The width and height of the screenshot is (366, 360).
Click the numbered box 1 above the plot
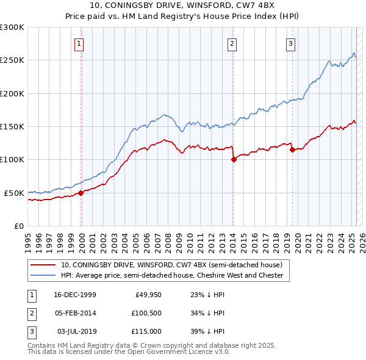[80, 43]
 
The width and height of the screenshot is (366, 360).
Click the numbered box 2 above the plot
[232, 43]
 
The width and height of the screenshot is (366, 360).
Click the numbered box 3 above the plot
[291, 43]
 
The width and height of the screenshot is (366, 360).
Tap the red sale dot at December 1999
[81, 193]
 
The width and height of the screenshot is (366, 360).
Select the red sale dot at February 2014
[234, 160]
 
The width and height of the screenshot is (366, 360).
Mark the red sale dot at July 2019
[292, 150]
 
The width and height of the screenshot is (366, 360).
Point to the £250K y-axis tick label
[12, 60]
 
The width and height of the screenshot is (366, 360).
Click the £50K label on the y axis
[14, 193]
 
